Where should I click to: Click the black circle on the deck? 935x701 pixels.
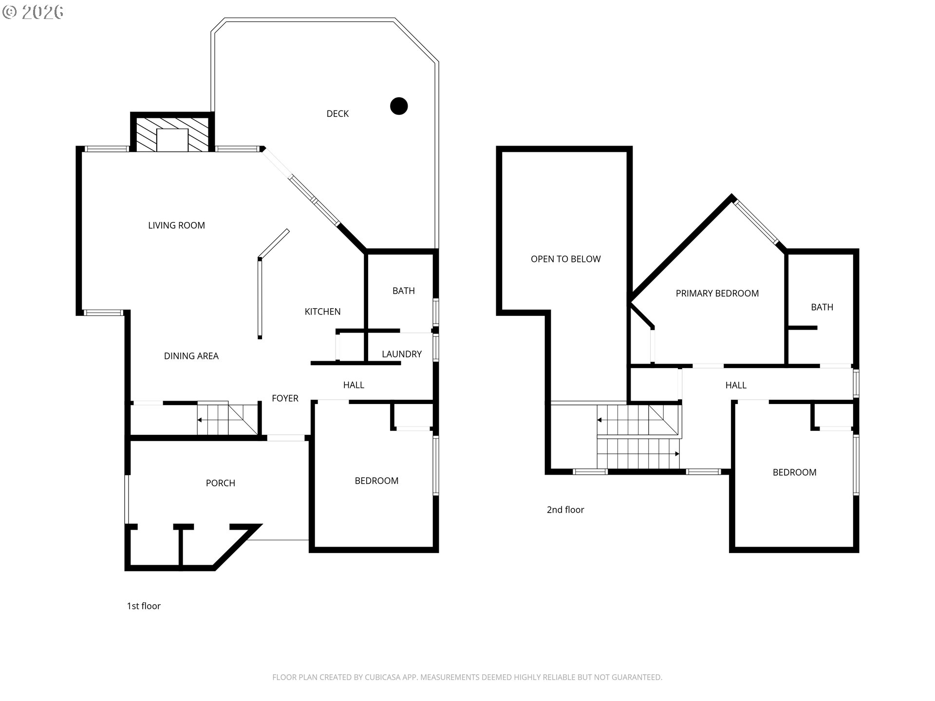point(399,106)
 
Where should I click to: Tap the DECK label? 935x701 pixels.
point(337,113)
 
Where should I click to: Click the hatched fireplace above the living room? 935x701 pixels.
point(172,133)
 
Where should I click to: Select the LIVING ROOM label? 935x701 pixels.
point(176,225)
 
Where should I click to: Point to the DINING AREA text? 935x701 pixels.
point(191,356)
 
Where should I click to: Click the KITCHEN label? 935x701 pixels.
point(322,312)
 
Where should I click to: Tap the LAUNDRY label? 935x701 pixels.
point(402,354)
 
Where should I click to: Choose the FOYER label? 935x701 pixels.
point(285,398)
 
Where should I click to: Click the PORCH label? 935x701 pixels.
point(221,483)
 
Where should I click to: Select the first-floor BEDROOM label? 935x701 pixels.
point(376,480)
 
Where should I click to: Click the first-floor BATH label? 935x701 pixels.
point(404,291)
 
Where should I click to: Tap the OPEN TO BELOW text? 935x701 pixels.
point(566,259)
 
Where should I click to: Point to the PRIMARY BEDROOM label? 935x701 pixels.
point(717,293)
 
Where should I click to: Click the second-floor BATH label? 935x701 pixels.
point(822,307)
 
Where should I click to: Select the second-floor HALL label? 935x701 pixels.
point(736,385)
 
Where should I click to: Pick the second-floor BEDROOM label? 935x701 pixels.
point(795,472)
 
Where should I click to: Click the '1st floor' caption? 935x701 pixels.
point(144,606)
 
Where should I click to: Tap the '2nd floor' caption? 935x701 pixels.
point(565,510)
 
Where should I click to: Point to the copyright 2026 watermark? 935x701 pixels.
point(33,12)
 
